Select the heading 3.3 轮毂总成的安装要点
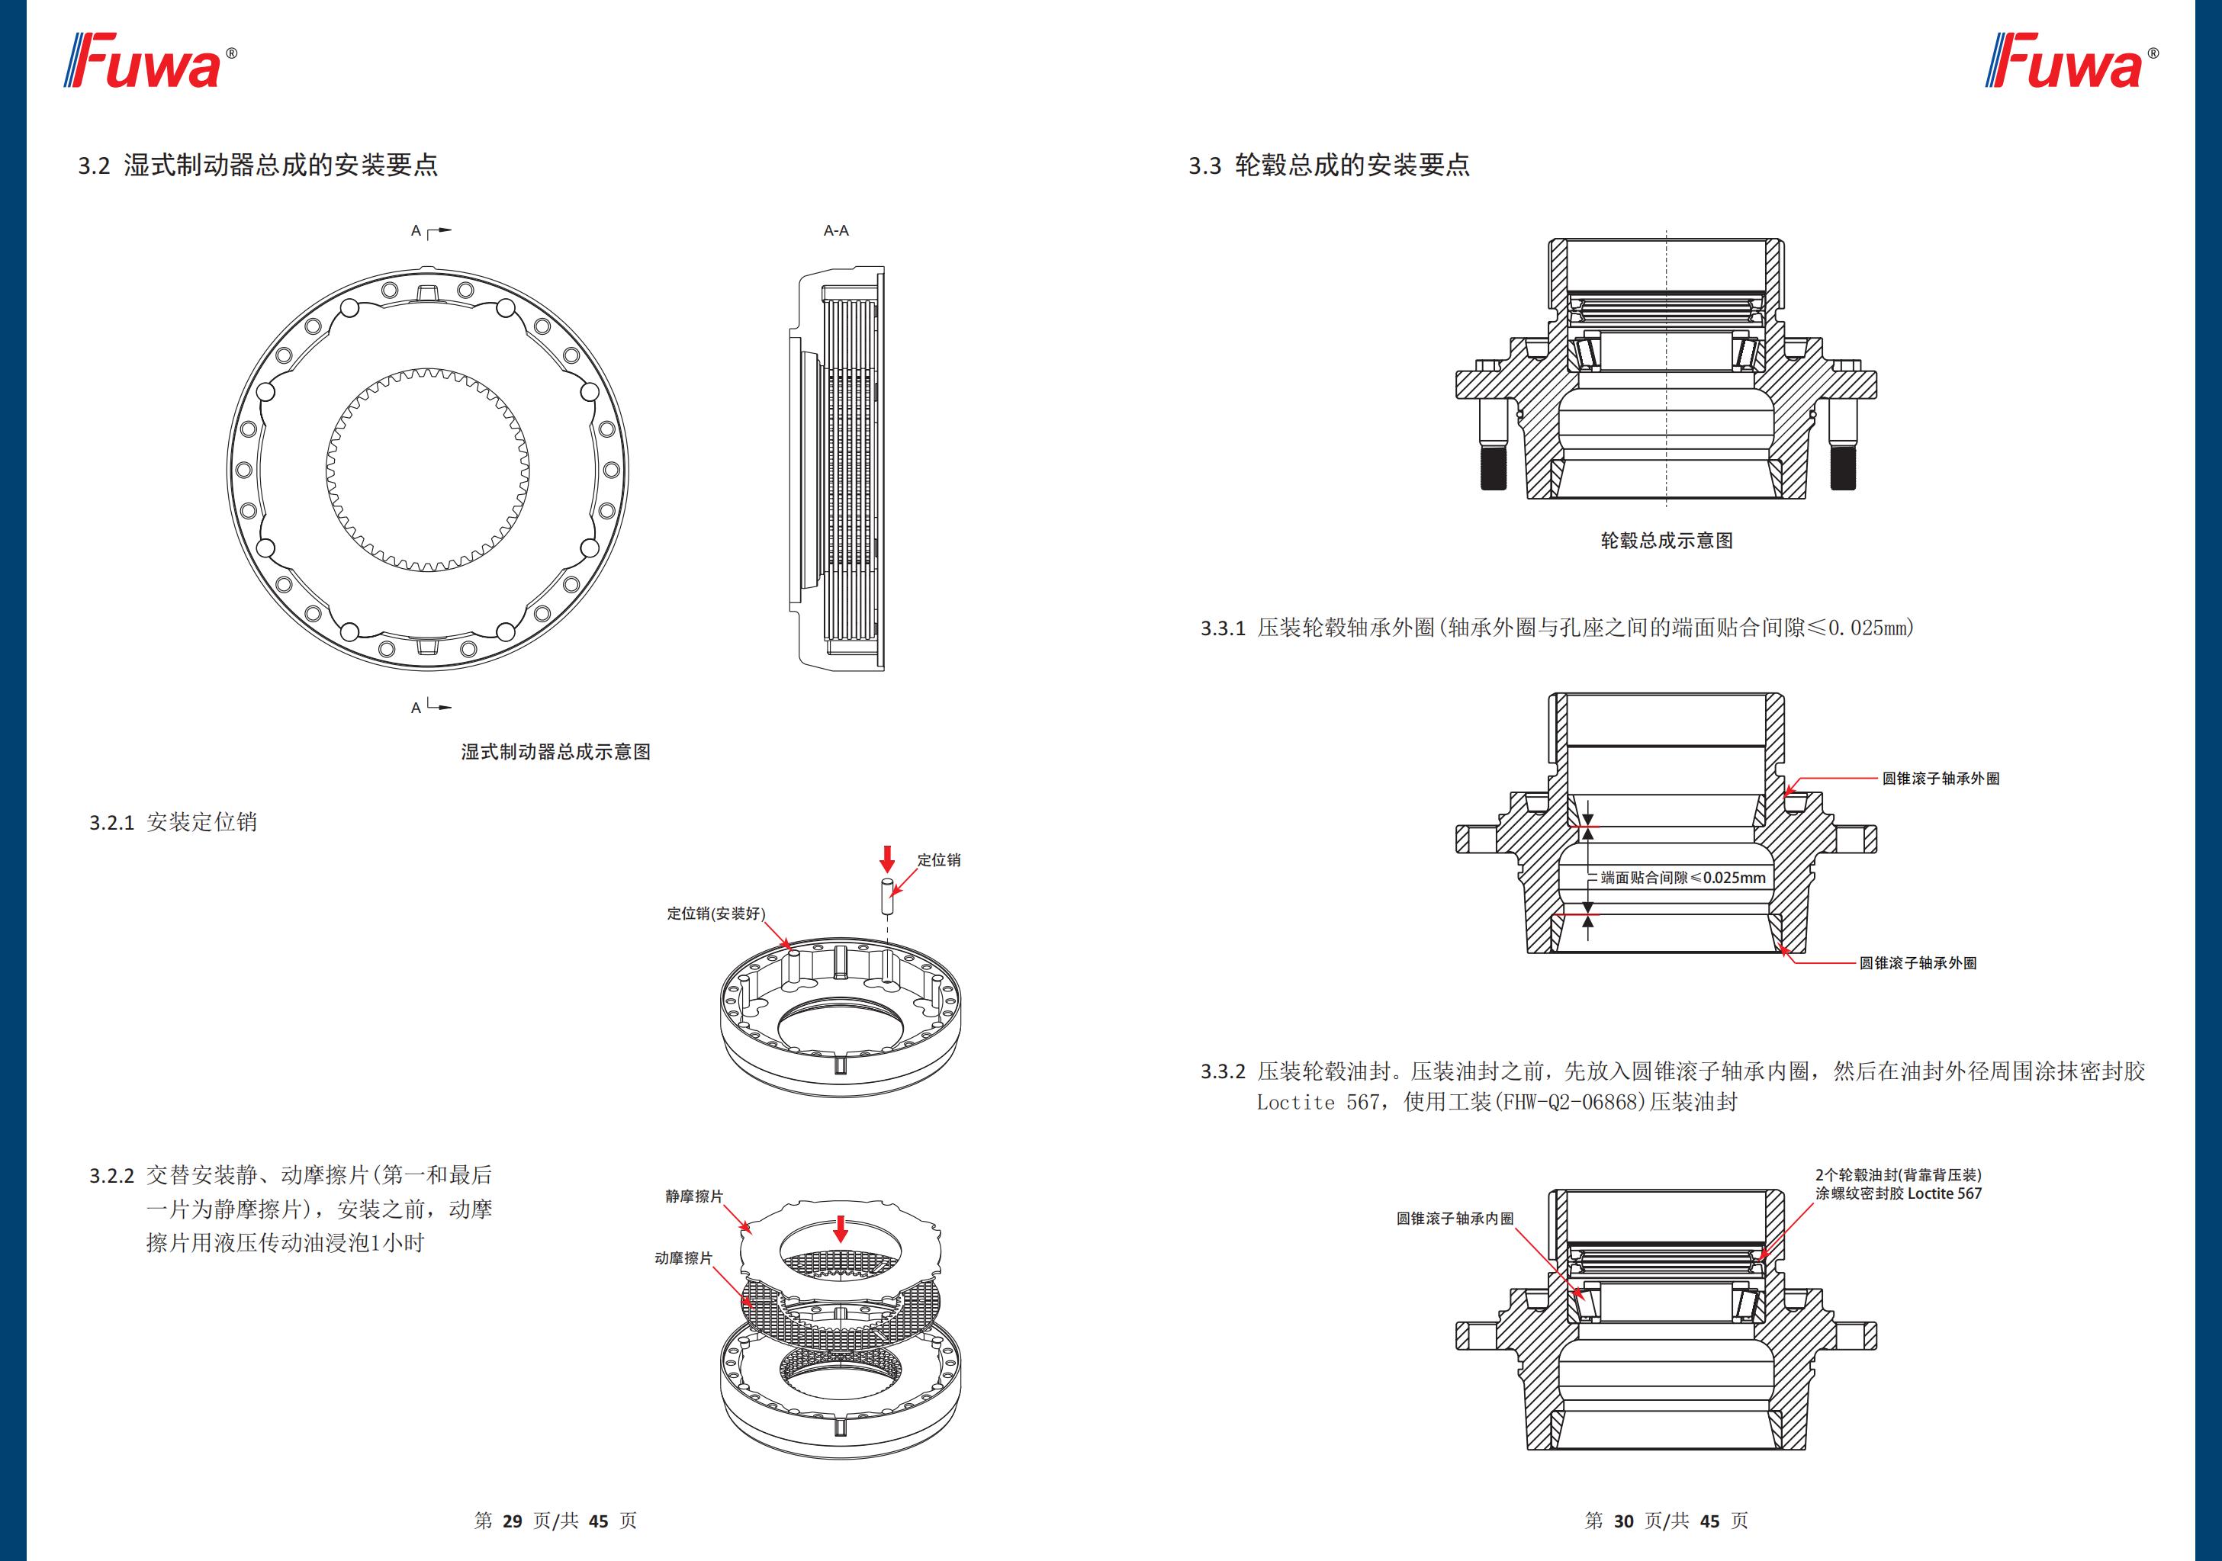(x=1329, y=165)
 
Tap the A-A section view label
(x=836, y=230)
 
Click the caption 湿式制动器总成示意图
(x=555, y=752)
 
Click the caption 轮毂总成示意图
(x=1667, y=541)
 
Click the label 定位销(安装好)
(x=715, y=914)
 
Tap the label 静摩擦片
(x=694, y=1196)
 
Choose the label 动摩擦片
(x=683, y=1258)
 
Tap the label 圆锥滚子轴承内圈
(x=1455, y=1219)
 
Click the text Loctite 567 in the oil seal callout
(x=1944, y=1194)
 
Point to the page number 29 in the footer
(x=513, y=1521)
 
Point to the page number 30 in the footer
(x=1624, y=1521)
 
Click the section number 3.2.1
(x=111, y=823)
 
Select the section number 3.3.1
(x=1222, y=628)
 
